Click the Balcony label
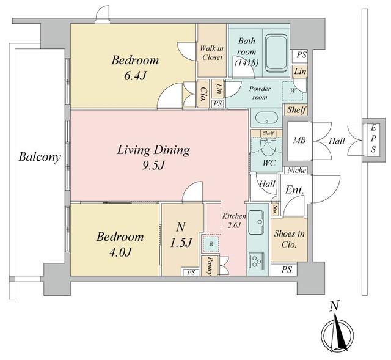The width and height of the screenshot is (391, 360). pos(39,157)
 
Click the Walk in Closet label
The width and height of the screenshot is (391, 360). pos(211,53)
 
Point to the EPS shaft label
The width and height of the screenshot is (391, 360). pos(371,141)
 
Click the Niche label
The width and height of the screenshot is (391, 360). pos(296,171)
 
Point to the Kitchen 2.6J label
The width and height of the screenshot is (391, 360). pos(233,221)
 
